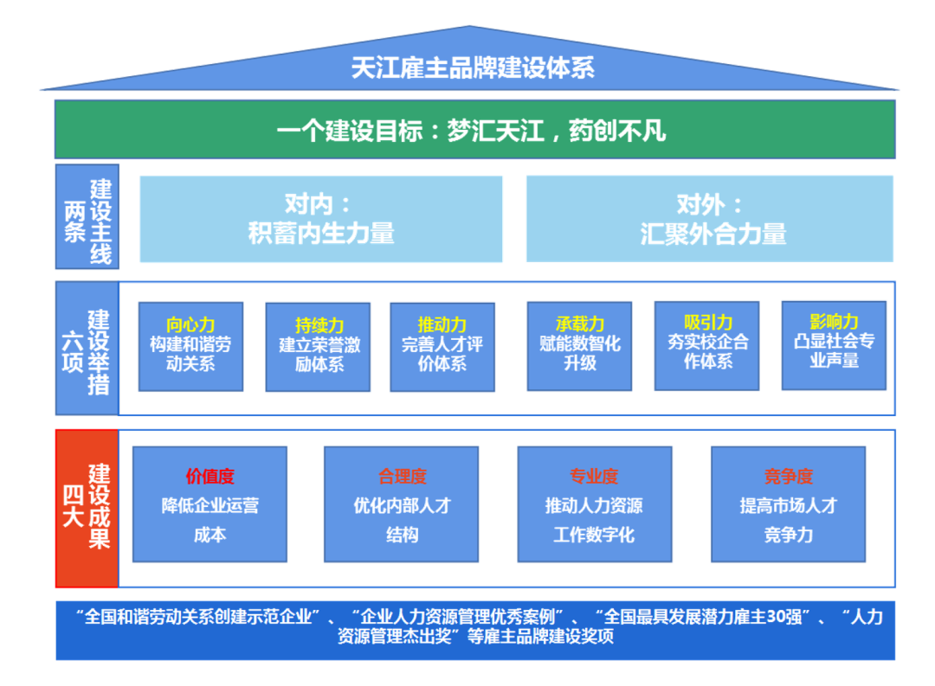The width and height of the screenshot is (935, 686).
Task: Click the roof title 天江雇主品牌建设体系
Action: pos(473,68)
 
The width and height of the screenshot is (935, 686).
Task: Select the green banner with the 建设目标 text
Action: pos(474,130)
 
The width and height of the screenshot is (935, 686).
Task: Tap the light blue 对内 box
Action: pos(320,219)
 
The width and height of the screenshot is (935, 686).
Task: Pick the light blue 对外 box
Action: pos(709,219)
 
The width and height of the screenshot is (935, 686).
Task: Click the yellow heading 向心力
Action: pos(190,325)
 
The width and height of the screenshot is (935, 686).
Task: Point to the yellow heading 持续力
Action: pos(319,326)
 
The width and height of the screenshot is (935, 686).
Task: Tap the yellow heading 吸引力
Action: pos(707,324)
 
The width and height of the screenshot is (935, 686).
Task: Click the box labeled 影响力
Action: pos(834,344)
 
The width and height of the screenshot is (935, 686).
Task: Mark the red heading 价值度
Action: pos(210,476)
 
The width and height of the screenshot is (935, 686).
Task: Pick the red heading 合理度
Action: pos(402,476)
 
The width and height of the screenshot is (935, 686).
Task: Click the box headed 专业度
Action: pos(594,503)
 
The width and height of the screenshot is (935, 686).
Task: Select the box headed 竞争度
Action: pos(788,503)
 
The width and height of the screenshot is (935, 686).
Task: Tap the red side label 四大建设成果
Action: pos(87,508)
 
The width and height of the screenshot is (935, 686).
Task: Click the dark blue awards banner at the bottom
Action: pos(474,629)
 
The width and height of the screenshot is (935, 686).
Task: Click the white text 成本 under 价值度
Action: pos(210,535)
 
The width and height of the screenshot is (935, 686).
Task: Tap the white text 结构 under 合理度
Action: pos(402,535)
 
